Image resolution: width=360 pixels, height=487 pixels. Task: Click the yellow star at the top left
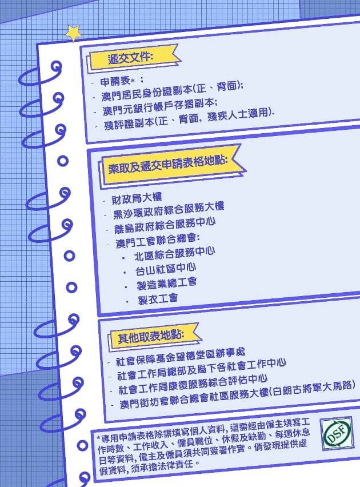(x=74, y=33)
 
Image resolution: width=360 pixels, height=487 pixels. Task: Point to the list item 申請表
(x=118, y=82)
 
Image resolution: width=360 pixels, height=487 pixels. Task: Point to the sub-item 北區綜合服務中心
(x=174, y=253)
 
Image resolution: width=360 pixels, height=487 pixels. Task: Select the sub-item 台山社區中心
(x=166, y=268)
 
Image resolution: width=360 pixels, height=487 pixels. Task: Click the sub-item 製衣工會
(x=157, y=298)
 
